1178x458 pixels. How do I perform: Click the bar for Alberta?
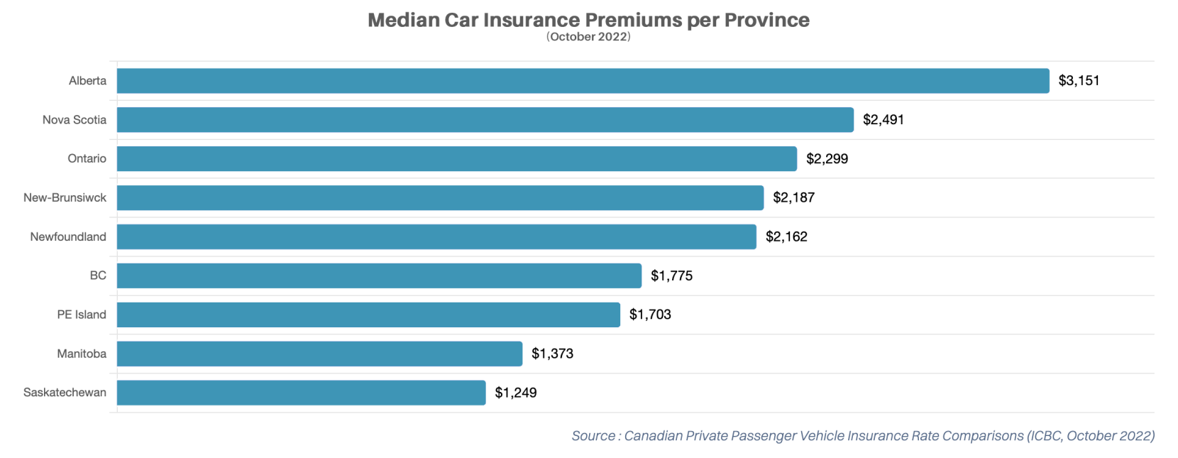coord(582,81)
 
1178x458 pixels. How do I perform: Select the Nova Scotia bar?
coord(485,120)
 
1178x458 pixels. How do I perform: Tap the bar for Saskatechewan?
coord(301,393)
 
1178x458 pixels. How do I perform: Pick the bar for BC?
coord(379,276)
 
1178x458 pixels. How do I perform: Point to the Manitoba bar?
coord(319,354)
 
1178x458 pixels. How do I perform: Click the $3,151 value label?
coord(1079,81)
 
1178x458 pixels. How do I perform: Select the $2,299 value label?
coord(827,159)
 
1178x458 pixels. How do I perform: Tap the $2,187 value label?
coord(793,198)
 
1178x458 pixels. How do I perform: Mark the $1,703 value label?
coord(650,315)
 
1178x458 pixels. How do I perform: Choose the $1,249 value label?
coord(515,393)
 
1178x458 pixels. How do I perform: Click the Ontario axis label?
coord(87,159)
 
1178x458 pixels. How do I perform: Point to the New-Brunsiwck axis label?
coord(65,198)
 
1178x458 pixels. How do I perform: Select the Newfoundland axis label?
coord(68,237)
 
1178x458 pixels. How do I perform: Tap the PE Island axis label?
coord(82,315)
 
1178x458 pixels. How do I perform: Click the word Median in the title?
coord(403,20)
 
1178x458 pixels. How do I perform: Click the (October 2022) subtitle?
coord(588,37)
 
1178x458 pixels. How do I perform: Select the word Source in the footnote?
coord(593,436)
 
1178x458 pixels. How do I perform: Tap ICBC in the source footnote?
coord(1047,436)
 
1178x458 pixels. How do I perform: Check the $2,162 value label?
coord(786,237)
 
